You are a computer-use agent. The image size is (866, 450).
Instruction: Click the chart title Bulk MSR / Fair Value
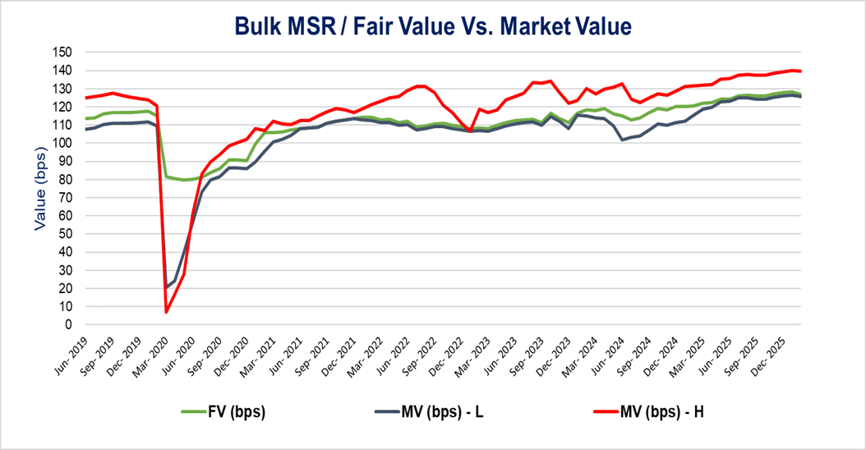point(432,26)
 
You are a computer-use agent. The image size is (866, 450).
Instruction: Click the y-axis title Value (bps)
point(41,187)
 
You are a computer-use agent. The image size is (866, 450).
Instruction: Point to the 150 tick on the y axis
point(63,52)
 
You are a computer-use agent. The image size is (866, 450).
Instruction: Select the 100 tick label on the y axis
point(63,143)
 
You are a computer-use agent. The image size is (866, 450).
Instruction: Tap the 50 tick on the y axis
point(67,234)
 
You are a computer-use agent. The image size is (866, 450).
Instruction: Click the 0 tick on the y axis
point(70,325)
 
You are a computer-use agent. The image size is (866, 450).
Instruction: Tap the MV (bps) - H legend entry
point(664,411)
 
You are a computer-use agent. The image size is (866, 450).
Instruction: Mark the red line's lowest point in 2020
point(166,312)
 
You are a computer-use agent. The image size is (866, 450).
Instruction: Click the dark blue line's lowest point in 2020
point(166,287)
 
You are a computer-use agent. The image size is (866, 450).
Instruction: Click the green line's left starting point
point(85,118)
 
